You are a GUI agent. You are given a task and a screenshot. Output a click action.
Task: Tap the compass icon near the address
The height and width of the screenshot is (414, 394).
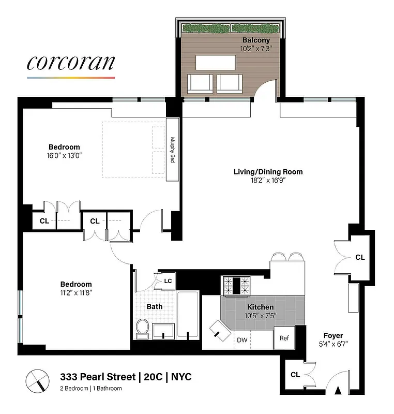pos(37,381)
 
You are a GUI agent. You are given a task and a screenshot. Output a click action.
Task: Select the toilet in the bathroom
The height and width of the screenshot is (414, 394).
pos(142,328)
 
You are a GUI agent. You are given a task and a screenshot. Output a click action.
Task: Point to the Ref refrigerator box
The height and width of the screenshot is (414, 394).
pos(284,338)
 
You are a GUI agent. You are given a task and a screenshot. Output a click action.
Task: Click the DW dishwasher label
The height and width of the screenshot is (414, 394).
pos(242,340)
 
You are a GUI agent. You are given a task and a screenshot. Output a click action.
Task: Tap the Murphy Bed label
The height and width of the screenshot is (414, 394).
pos(173,150)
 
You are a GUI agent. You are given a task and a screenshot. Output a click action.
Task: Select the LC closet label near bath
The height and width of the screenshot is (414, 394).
pos(168,281)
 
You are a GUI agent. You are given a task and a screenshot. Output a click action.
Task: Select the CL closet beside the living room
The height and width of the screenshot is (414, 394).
pos(360,257)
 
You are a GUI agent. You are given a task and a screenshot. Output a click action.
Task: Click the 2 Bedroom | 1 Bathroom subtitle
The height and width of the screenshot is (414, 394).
pos(91,388)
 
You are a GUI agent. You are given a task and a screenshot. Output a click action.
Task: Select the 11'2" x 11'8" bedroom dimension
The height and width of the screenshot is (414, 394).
pos(76,292)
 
